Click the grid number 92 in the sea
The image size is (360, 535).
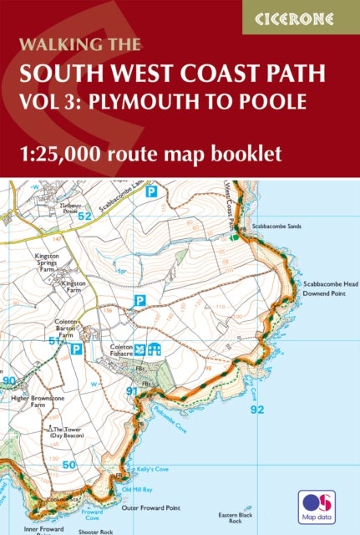(x=257, y=410)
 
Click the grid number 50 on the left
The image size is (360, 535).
(x=68, y=464)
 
